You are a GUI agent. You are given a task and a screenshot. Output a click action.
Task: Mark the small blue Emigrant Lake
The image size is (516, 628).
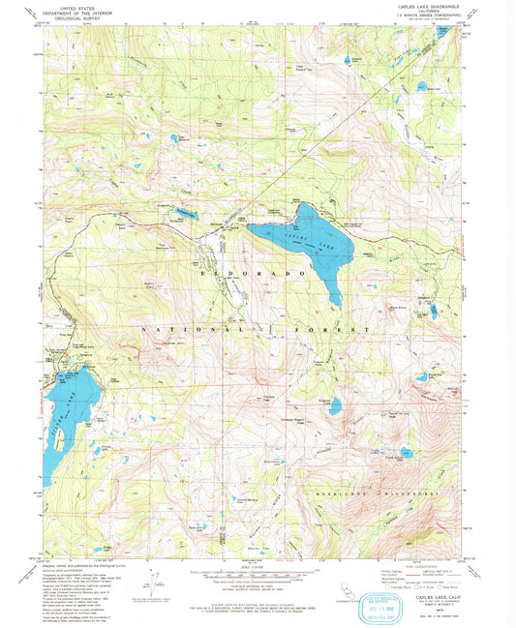coord(335,405)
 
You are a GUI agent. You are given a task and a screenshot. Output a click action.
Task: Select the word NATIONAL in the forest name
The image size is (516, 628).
coord(180,331)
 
